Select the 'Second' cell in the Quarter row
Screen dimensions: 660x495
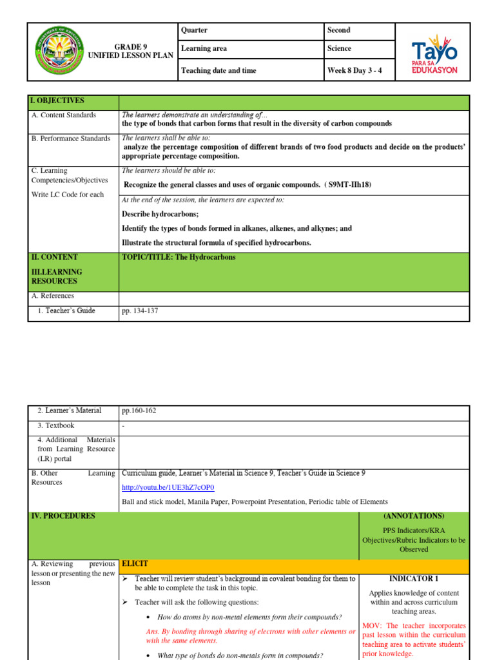click(x=339, y=30)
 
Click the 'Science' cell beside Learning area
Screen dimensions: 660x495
click(x=339, y=48)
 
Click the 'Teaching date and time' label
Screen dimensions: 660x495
click(x=218, y=70)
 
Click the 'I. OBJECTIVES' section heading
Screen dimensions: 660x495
click(x=57, y=101)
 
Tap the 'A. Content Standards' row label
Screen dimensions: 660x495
click(x=64, y=115)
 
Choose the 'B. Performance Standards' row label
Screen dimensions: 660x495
click(x=71, y=139)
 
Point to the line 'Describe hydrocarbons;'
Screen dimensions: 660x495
click(x=160, y=214)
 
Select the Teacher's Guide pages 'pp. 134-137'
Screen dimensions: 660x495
click(x=140, y=311)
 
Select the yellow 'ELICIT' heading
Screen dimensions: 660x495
click(x=135, y=563)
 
